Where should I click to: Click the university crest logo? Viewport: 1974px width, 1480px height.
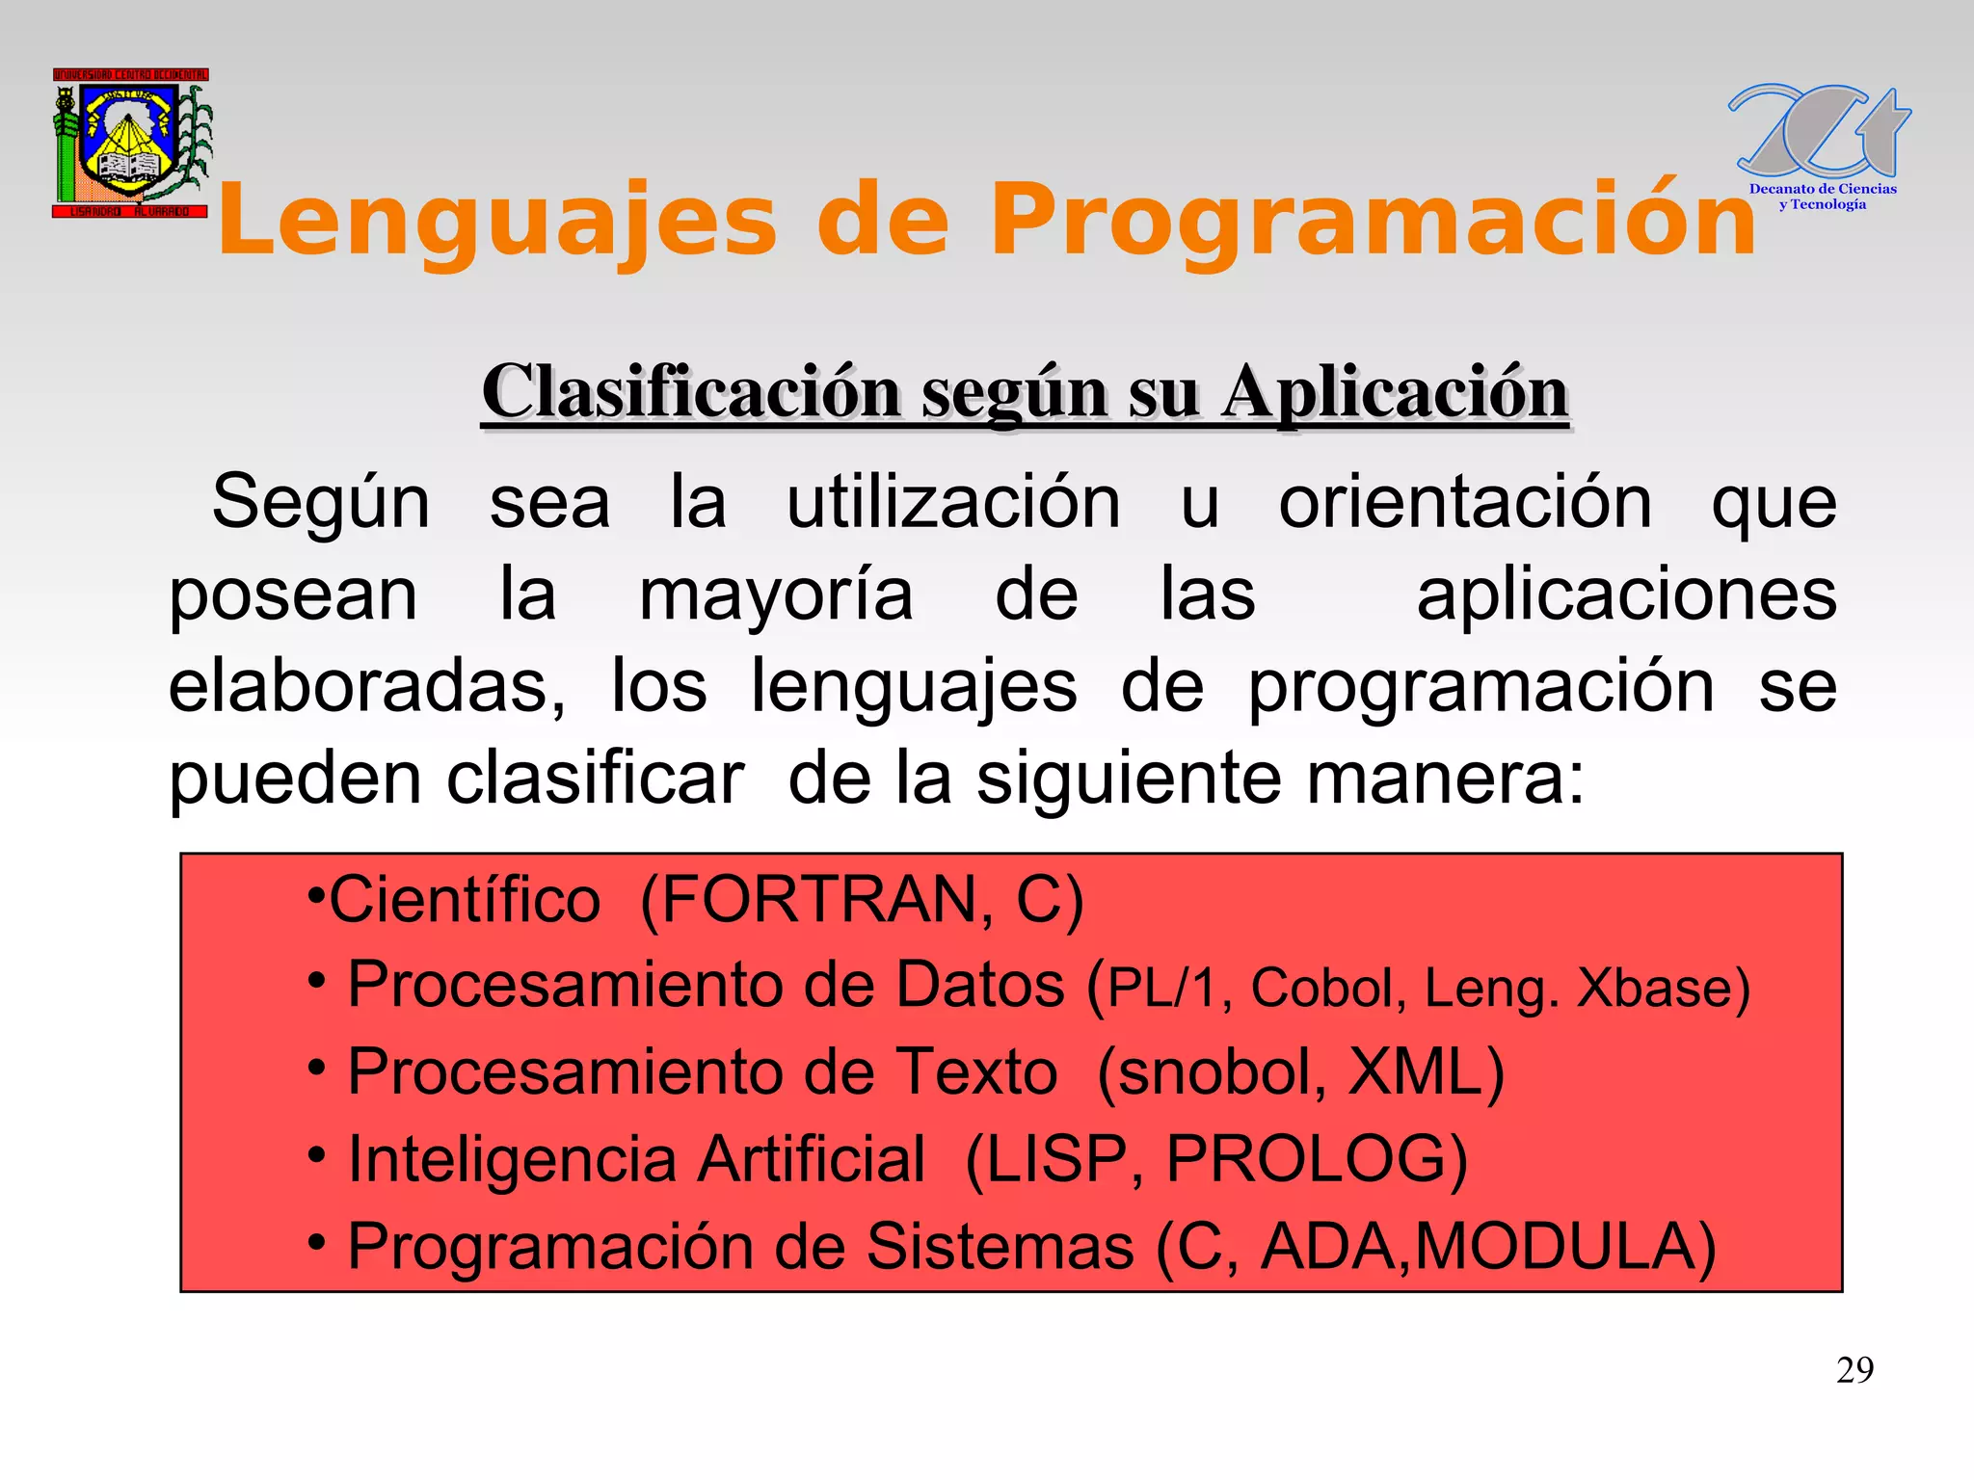pyautogui.click(x=131, y=143)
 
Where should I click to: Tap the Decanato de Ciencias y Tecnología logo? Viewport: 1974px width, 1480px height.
pyautogui.click(x=1820, y=145)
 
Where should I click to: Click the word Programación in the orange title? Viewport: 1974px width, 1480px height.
pyautogui.click(x=1373, y=222)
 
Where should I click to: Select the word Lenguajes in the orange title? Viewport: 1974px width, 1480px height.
pyautogui.click(x=497, y=222)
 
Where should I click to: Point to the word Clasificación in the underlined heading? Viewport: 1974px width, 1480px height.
pyautogui.click(x=690, y=392)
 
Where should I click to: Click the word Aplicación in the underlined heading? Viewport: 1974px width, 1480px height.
pyautogui.click(x=1395, y=392)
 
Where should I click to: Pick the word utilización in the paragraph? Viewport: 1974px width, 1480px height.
pyautogui.click(x=953, y=503)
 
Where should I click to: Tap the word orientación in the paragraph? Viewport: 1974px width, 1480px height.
pyautogui.click(x=1464, y=503)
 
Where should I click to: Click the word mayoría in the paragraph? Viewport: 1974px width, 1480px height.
pyautogui.click(x=776, y=595)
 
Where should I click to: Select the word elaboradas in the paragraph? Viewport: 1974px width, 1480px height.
pyautogui.click(x=366, y=686)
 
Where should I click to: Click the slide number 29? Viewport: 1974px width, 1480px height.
pyautogui.click(x=1854, y=1370)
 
